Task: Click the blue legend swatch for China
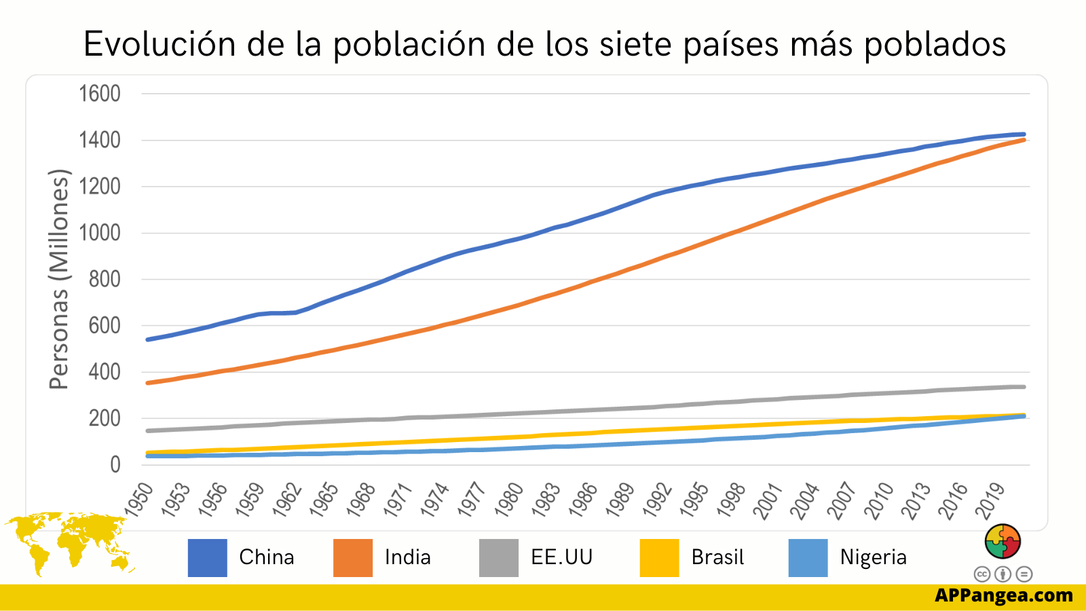[x=207, y=558]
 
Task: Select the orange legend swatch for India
[x=353, y=558]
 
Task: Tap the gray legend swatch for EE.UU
[x=499, y=558]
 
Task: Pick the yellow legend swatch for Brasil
[x=659, y=558]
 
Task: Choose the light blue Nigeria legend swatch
[x=808, y=558]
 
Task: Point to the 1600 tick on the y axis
[x=100, y=94]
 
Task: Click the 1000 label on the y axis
[x=100, y=233]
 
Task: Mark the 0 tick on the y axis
[x=115, y=465]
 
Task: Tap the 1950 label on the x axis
[x=139, y=500]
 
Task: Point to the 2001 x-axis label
[x=768, y=501]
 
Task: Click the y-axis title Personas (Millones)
[x=60, y=278]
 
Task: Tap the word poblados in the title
[x=935, y=45]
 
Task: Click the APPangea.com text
[x=1004, y=595]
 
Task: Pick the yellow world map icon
[x=68, y=543]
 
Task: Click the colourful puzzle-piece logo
[x=1003, y=541]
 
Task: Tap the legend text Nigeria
[x=873, y=557]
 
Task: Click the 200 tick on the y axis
[x=105, y=419]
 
